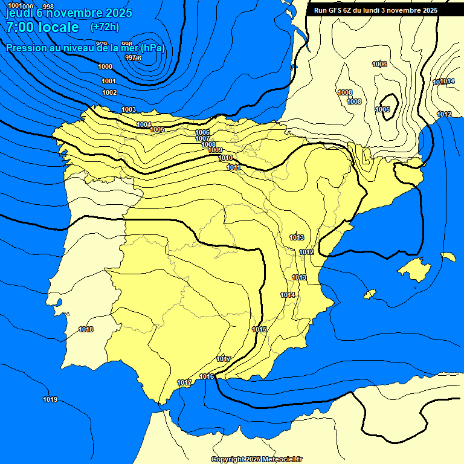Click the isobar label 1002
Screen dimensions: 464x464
pyautogui.click(x=109, y=92)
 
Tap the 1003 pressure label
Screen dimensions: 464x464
pyautogui.click(x=129, y=109)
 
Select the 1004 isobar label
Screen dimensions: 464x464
pyautogui.click(x=144, y=124)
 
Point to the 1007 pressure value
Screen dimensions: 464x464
pyautogui.click(x=203, y=138)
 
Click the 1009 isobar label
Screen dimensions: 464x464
pyautogui.click(x=216, y=150)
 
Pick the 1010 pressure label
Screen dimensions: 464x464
pyautogui.click(x=225, y=158)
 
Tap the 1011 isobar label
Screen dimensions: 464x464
pyautogui.click(x=234, y=167)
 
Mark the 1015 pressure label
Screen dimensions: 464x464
pyautogui.click(x=259, y=329)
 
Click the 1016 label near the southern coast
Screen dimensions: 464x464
pyautogui.click(x=207, y=376)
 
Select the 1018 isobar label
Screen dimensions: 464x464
pyautogui.click(x=86, y=329)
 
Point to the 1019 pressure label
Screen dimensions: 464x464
pyautogui.click(x=50, y=399)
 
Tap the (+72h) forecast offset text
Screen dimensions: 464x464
pyautogui.click(x=105, y=27)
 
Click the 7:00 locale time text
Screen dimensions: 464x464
pyautogui.click(x=42, y=27)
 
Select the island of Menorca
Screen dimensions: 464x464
pyautogui.click(x=448, y=257)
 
